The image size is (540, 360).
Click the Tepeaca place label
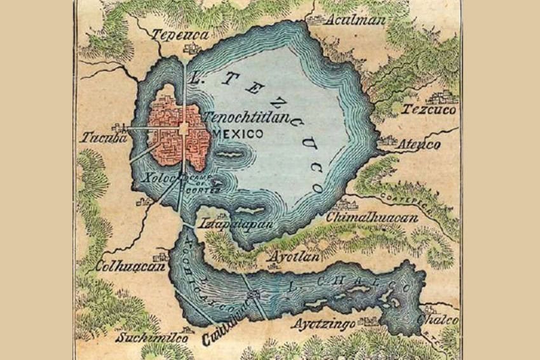(180, 36)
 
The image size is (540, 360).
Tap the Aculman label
(355, 20)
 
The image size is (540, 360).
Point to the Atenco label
(419, 145)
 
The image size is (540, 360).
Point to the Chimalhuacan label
(372, 218)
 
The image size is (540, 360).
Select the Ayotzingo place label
(326, 324)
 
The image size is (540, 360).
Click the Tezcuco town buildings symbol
(442, 97)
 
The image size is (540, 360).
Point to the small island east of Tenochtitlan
(230, 154)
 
